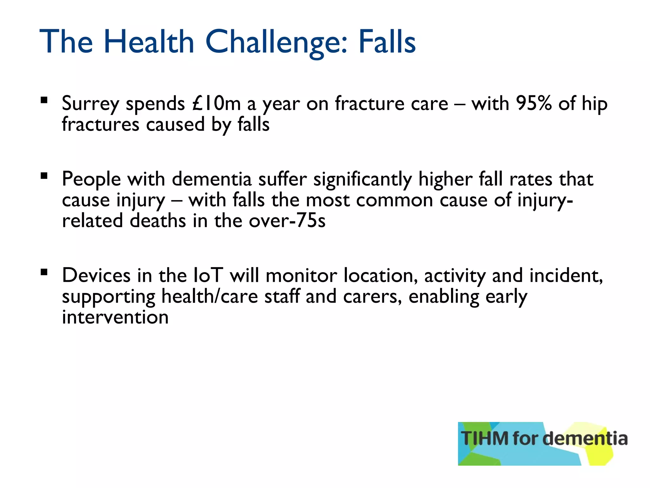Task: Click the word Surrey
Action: (x=90, y=104)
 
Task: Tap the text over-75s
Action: (x=287, y=221)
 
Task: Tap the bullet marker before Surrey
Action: (x=44, y=101)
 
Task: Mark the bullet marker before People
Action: (x=44, y=176)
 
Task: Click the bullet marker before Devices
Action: (x=44, y=272)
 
